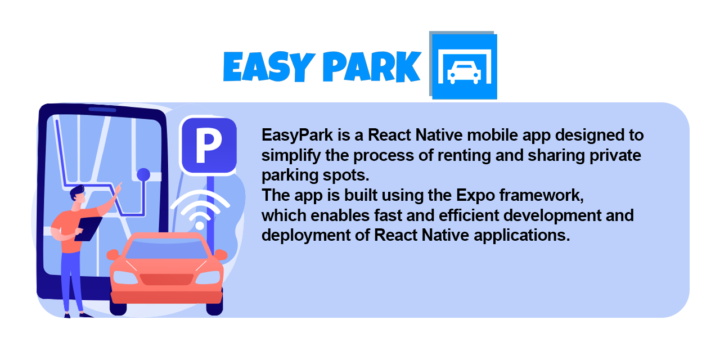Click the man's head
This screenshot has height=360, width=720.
tap(78, 195)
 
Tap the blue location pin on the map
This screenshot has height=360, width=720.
tap(144, 174)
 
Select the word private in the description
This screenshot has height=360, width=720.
tap(613, 156)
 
